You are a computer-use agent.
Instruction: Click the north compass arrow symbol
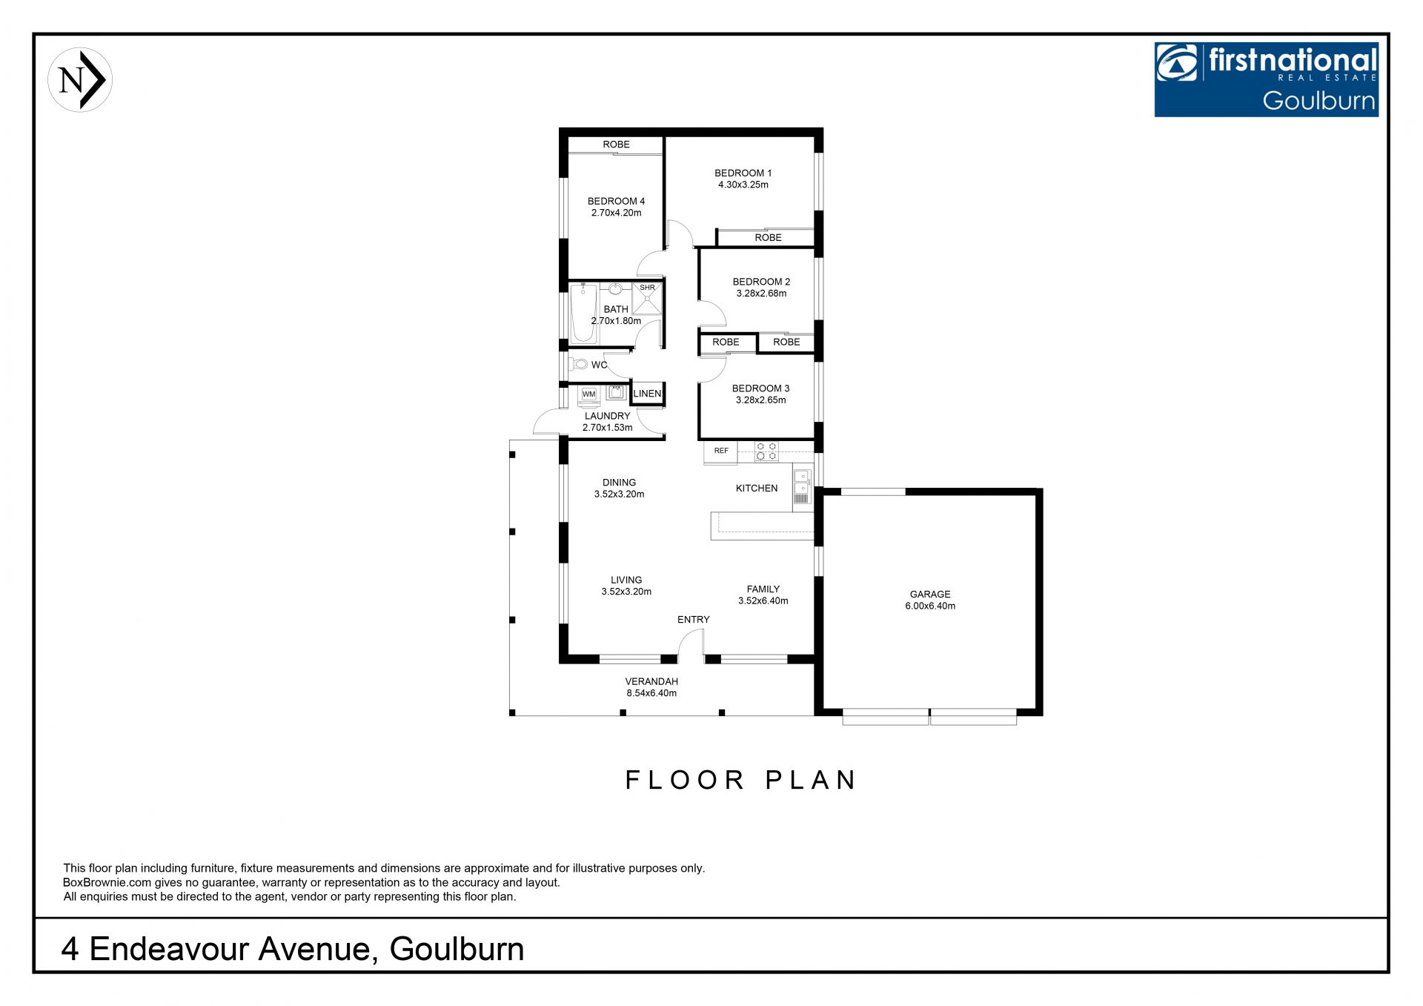[x=80, y=80]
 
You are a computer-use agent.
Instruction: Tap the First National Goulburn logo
[x=1266, y=79]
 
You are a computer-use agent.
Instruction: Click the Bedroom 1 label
[x=743, y=173]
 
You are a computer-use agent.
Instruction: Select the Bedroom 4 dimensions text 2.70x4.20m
[x=617, y=213]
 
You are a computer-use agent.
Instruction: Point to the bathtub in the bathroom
[x=583, y=313]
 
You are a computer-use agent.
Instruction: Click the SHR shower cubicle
[x=647, y=298]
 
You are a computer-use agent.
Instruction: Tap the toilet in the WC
[x=577, y=364]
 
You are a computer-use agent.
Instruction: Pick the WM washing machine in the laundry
[x=588, y=394]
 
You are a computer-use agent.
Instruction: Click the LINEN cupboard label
[x=647, y=394]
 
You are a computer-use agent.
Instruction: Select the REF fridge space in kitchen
[x=720, y=451]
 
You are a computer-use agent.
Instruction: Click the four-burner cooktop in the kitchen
[x=766, y=451]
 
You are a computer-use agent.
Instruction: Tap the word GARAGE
[x=930, y=594]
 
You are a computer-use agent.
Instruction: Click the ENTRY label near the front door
[x=694, y=619]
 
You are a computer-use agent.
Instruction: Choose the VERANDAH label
[x=651, y=681]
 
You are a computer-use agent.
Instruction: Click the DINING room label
[x=619, y=482]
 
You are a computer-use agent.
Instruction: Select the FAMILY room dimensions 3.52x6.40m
[x=763, y=600]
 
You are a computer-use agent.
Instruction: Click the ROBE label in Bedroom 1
[x=768, y=237]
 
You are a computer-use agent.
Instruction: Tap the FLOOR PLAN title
[x=740, y=780]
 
